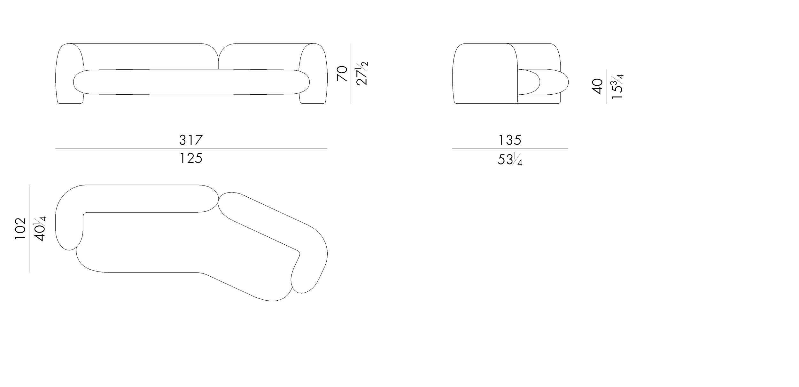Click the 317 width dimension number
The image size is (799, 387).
click(191, 140)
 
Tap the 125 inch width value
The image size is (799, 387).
click(191, 158)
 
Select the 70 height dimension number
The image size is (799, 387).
click(342, 74)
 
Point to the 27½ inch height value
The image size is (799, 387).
click(362, 73)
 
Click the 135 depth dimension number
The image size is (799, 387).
click(510, 140)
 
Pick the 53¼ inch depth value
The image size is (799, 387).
click(510, 159)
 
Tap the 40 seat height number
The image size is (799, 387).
click(597, 86)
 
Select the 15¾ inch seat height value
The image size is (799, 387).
click(617, 86)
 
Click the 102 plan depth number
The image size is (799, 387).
click(20, 229)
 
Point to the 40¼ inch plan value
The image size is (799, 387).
click(40, 229)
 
